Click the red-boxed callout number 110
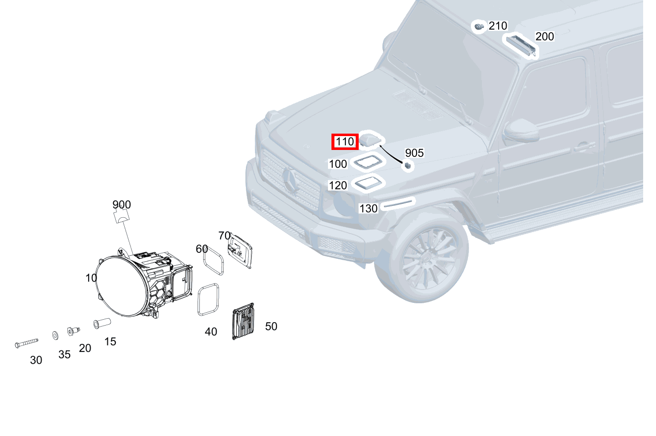344,142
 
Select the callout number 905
414,153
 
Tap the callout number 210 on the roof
498,26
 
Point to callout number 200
544,37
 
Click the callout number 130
368,208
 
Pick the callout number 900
121,204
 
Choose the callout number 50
271,327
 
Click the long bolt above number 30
27,342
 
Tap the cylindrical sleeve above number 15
102,324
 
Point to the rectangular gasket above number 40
208,299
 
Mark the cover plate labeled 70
240,251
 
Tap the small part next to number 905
408,166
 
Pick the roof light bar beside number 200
520,44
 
